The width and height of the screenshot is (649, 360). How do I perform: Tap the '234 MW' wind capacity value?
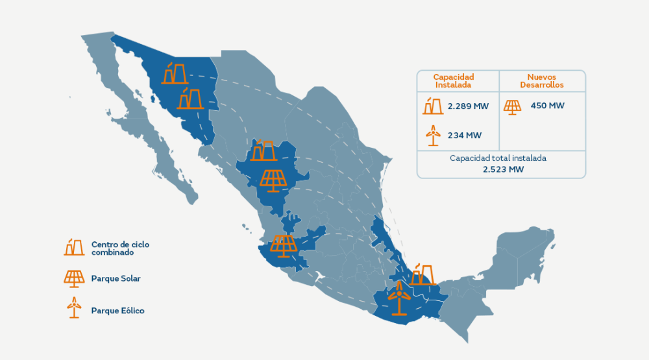coord(465,136)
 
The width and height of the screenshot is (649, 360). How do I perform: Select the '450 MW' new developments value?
coord(547,106)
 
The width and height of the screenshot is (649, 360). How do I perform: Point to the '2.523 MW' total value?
coord(502,169)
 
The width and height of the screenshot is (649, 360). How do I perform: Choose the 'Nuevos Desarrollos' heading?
coord(541,80)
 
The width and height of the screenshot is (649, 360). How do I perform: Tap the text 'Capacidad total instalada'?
coord(502,158)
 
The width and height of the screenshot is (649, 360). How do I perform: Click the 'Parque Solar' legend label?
coord(116,278)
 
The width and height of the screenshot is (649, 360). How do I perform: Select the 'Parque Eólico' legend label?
coord(118,311)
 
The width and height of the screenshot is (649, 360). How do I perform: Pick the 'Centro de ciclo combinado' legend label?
coord(120,248)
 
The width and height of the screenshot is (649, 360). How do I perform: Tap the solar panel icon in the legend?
coord(74,278)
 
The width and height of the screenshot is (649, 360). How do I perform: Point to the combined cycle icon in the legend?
coord(74,247)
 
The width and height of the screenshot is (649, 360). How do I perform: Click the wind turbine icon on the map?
coord(398,298)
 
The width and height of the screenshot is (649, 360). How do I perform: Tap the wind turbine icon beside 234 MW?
coord(432,135)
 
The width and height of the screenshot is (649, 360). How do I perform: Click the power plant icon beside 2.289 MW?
coord(433,106)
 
